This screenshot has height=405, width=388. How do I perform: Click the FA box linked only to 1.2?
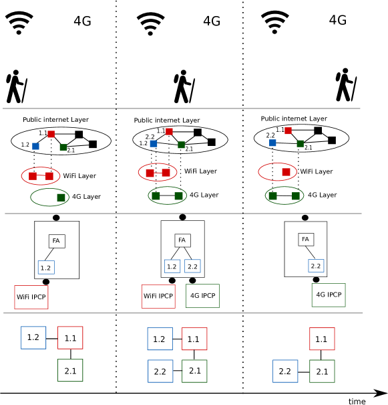coord(57,241)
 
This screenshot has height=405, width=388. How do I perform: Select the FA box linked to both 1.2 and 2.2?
coord(182,240)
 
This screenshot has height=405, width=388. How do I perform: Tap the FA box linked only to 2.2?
coord(306,239)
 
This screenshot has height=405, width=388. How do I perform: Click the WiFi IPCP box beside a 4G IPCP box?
coord(158,296)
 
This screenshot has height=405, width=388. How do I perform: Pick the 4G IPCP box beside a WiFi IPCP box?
coord(202,296)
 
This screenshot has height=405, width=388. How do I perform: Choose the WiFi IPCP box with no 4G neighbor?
coord(31,297)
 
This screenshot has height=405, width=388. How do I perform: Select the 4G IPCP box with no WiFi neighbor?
coord(329,295)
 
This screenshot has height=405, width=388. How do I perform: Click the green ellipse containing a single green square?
coord(49,197)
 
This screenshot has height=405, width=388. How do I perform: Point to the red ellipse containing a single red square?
coord(277,172)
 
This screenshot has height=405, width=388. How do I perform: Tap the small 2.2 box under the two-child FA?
coord(192,266)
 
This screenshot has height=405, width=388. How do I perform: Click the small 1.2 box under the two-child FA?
coord(172,266)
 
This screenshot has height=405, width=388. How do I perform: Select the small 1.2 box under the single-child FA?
coord(46,268)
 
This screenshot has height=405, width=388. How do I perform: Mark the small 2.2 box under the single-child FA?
coord(316,266)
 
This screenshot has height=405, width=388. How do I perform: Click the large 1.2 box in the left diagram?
coord(33,337)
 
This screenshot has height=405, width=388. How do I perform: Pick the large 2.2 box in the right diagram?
coord(285,372)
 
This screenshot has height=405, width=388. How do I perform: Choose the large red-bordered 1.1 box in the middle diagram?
coord(194,339)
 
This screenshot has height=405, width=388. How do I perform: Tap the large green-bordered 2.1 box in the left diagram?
coord(70,370)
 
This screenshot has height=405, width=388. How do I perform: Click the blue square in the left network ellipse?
coord(35,146)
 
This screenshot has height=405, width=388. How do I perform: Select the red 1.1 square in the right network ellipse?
coord(288,131)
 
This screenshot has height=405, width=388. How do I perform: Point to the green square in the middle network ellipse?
coord(181,145)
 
